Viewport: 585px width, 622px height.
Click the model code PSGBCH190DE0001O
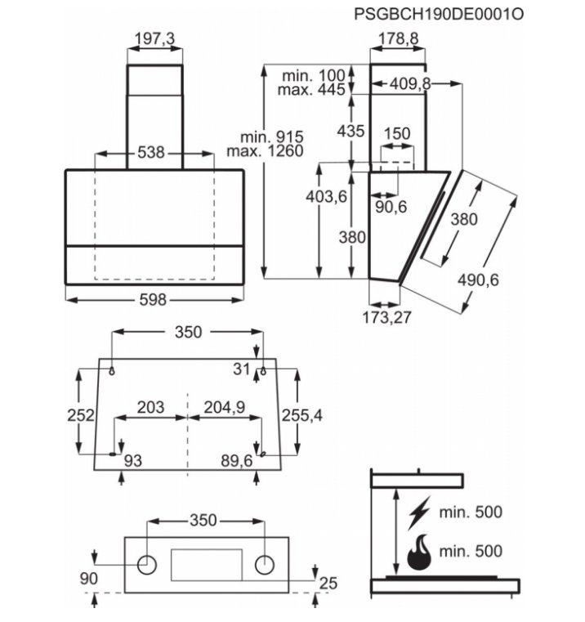point(439,14)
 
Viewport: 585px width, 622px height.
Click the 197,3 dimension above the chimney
point(154,39)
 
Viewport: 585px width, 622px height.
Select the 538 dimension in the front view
point(150,152)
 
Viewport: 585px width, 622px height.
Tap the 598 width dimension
point(153,299)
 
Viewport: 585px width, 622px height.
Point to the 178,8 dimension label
point(398,39)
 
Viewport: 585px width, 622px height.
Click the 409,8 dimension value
point(410,83)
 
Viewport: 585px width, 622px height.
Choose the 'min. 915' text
point(272,137)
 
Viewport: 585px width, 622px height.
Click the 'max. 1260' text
point(266,150)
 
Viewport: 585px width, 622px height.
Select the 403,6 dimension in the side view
point(327,196)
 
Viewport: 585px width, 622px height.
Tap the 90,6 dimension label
point(391,207)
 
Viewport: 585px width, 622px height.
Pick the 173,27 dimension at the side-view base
point(387,317)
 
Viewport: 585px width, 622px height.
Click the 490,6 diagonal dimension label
point(478,280)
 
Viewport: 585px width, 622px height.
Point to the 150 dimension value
point(397,133)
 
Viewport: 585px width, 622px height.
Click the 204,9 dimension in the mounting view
point(225,407)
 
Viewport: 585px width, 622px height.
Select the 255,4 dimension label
point(302,415)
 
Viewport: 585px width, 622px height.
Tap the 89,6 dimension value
point(237,460)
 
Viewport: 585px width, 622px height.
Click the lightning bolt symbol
point(419,512)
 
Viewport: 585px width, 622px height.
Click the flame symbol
point(419,553)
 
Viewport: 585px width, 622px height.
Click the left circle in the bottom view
point(147,565)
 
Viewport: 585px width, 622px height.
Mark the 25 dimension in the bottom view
point(328,583)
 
